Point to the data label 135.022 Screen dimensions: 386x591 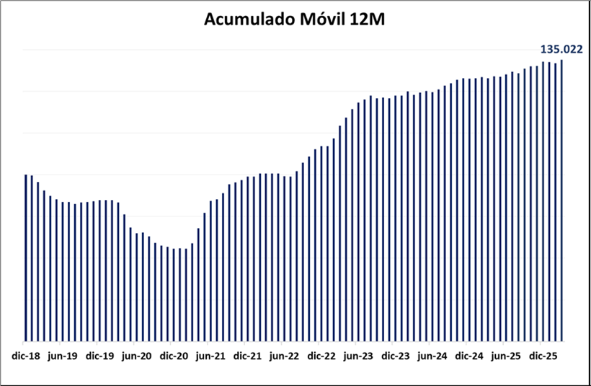click(x=561, y=49)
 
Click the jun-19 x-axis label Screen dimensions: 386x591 click(x=62, y=356)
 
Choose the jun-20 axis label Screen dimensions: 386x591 click(x=136, y=356)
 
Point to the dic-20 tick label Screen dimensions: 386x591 click(x=174, y=356)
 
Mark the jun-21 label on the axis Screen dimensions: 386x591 click(x=210, y=356)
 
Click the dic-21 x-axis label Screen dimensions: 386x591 click(x=248, y=356)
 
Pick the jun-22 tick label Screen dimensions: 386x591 click(x=285, y=356)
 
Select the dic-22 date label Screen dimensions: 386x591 click(x=321, y=356)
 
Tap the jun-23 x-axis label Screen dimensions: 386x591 click(x=359, y=356)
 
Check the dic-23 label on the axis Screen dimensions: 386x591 click(x=396, y=356)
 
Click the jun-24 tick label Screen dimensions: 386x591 click(x=432, y=356)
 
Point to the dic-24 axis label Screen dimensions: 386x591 click(x=470, y=356)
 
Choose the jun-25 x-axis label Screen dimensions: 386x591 click(x=507, y=356)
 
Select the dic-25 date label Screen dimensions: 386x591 click(x=543, y=356)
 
